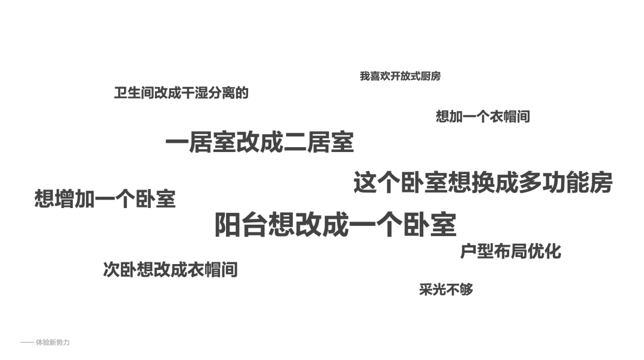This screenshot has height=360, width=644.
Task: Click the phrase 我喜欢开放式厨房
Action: [x=400, y=76]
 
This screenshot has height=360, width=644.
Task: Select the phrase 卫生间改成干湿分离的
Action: [x=181, y=93]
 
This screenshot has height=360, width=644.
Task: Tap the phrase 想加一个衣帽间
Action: [x=482, y=116]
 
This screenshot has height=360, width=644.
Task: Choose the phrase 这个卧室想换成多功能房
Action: [x=482, y=182]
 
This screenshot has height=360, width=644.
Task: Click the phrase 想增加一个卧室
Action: [x=105, y=199]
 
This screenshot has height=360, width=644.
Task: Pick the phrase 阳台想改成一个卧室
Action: [x=335, y=225]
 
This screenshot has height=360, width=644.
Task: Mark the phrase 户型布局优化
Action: [x=510, y=251]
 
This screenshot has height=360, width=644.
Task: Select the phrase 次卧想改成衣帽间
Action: [x=171, y=269]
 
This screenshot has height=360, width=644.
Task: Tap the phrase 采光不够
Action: [x=446, y=290]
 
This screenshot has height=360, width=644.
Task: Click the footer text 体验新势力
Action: [x=53, y=343]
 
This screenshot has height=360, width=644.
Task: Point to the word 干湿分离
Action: [x=202, y=93]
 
